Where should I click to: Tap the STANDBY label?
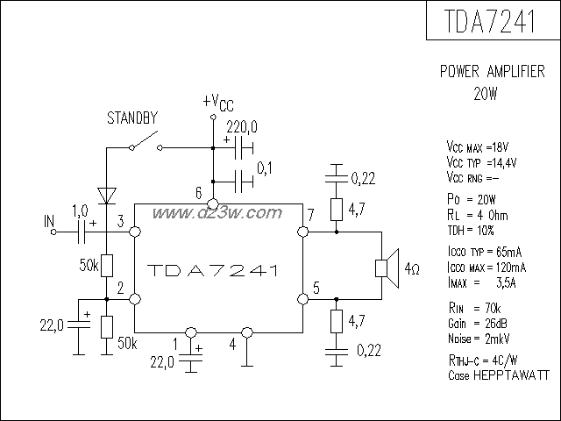pyautogui.click(x=131, y=116)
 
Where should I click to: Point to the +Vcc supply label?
pyautogui.click(x=217, y=102)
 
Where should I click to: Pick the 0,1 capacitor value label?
pyautogui.click(x=266, y=166)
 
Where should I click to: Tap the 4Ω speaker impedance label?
pyautogui.click(x=412, y=267)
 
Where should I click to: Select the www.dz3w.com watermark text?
pyautogui.click(x=217, y=213)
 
